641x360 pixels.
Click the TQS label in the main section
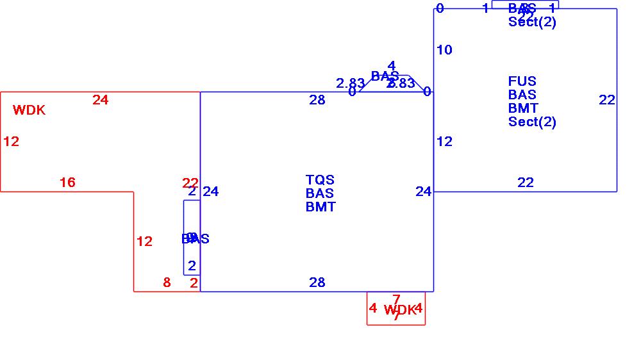click(x=320, y=180)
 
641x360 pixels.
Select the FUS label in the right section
click(x=522, y=81)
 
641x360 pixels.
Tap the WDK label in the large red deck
click(x=29, y=110)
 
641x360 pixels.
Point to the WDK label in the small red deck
click(x=400, y=310)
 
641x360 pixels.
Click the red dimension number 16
click(x=67, y=183)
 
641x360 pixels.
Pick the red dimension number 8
click(x=167, y=282)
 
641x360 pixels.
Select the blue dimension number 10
click(x=444, y=50)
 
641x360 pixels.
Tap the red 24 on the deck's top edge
click(x=101, y=100)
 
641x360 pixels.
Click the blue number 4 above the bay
click(x=392, y=66)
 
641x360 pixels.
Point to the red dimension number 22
click(x=190, y=183)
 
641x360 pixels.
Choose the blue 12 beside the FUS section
click(x=444, y=142)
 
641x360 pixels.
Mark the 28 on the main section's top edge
click(x=317, y=100)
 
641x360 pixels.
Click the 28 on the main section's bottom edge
click(x=317, y=282)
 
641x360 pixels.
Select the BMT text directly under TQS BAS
click(x=320, y=207)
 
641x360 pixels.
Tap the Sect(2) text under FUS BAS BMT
click(x=532, y=122)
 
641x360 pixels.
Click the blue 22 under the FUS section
click(x=526, y=183)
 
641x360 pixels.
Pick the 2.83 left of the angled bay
click(x=351, y=83)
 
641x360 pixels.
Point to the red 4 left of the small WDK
click(x=373, y=308)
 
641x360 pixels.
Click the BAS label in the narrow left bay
click(x=196, y=239)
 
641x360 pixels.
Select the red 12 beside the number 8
click(x=144, y=241)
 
